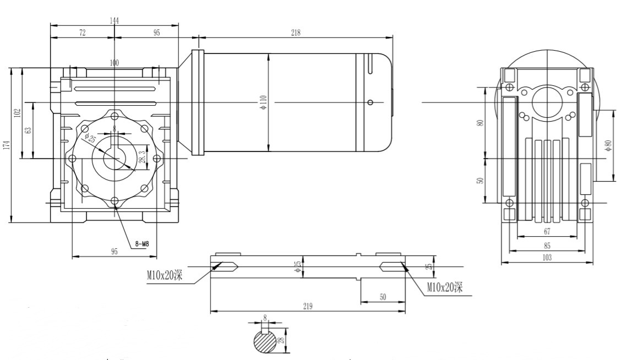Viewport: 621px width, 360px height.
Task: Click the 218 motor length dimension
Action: pyautogui.click(x=296, y=33)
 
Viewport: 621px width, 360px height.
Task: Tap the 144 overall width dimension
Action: pyautogui.click(x=115, y=20)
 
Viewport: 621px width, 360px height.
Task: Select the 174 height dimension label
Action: pyautogui.click(x=6, y=145)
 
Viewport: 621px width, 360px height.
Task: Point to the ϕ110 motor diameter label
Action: pyautogui.click(x=263, y=102)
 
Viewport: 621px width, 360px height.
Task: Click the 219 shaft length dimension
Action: pyautogui.click(x=308, y=306)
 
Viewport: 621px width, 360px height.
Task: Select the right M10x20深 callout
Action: pyautogui.click(x=445, y=287)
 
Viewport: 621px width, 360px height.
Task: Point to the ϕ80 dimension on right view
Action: pyautogui.click(x=608, y=146)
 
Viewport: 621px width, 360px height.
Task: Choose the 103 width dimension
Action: pyautogui.click(x=547, y=257)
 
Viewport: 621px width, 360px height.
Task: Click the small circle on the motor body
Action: pyautogui.click(x=371, y=102)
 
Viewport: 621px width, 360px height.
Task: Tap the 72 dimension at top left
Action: pyautogui.click(x=83, y=33)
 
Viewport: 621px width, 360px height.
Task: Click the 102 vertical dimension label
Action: pyautogui.click(x=18, y=113)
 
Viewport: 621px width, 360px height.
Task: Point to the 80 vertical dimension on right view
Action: pyautogui.click(x=480, y=122)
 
